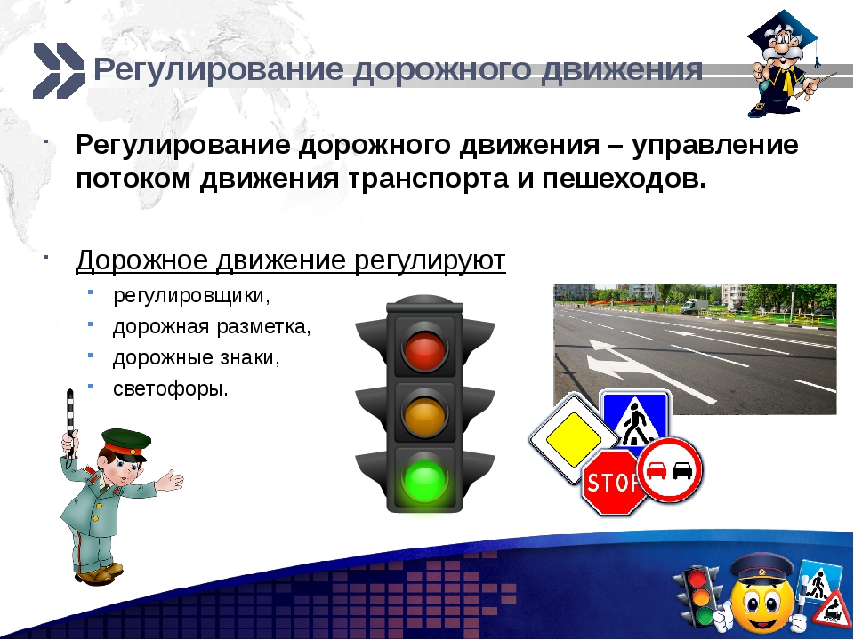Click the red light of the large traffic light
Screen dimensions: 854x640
pos(425,347)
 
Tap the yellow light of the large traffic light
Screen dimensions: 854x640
pos(425,413)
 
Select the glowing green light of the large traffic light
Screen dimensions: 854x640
pos(425,479)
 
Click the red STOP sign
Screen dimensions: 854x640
pos(614,482)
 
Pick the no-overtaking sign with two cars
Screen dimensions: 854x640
pos(670,469)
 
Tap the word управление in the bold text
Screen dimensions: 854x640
pos(715,145)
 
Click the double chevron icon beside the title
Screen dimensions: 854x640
pos(59,71)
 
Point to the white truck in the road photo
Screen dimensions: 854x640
pos(694,306)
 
